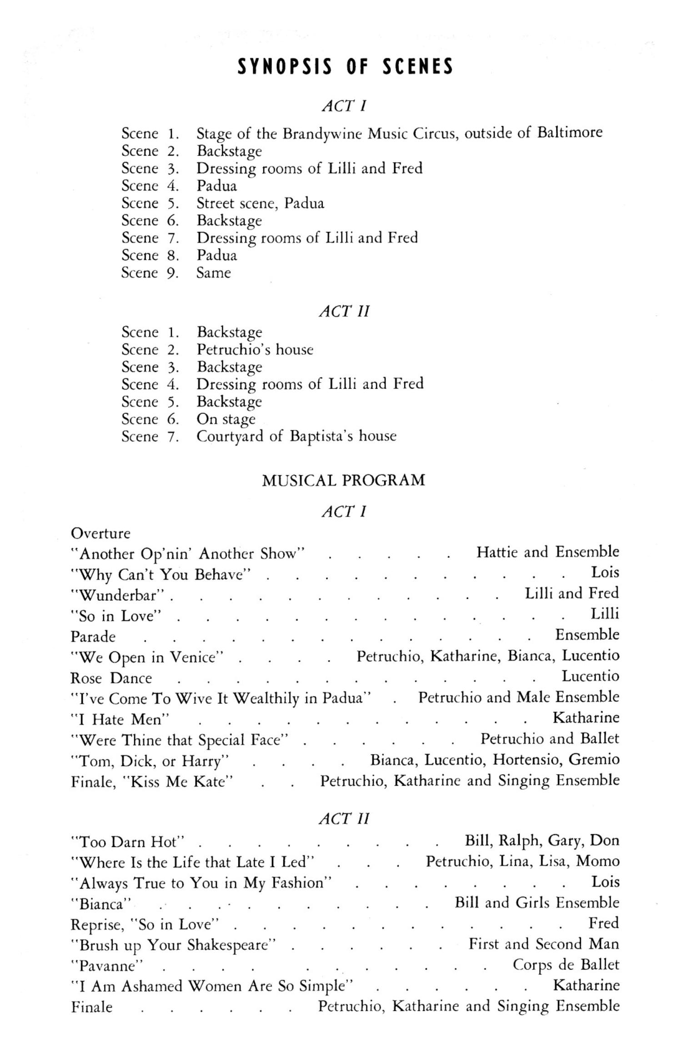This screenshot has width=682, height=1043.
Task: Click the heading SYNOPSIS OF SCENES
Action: [x=345, y=67]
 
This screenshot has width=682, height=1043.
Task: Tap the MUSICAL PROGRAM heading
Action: [x=343, y=480]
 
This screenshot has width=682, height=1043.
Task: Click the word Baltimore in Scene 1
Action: [x=570, y=132]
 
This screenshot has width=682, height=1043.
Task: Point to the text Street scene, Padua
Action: [x=260, y=203]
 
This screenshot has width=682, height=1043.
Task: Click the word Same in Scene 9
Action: [x=213, y=273]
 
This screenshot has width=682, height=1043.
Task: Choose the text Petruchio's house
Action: [x=255, y=350]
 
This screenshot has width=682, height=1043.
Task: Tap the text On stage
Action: [x=226, y=419]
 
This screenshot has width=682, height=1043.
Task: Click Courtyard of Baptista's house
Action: [x=296, y=436]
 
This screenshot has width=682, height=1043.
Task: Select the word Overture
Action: [x=100, y=533]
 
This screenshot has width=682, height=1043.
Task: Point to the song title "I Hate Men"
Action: [x=120, y=719]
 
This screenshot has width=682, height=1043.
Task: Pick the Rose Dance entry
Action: [x=111, y=678]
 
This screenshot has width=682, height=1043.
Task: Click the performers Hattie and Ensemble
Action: [x=547, y=552]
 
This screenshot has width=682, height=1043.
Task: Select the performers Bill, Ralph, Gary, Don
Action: [x=542, y=841]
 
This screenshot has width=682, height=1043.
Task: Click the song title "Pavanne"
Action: [x=107, y=966]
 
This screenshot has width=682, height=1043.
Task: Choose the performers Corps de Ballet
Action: [x=566, y=965]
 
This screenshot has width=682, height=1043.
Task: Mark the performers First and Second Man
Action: [x=543, y=944]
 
